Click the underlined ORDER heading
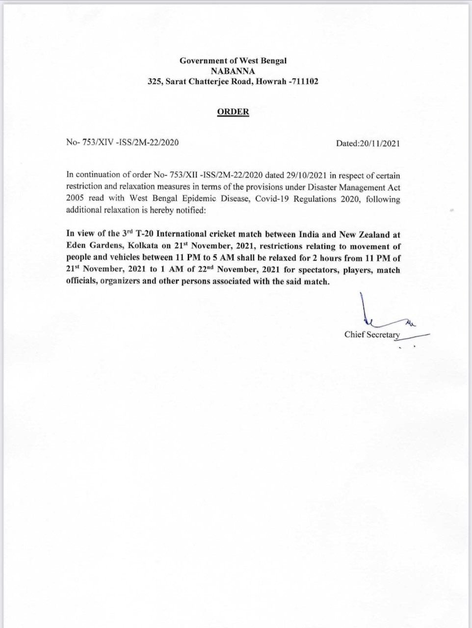click(x=233, y=112)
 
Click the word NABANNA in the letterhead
click(x=233, y=71)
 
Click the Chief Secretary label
click(x=372, y=335)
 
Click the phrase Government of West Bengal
click(x=233, y=61)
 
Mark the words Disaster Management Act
click(x=354, y=187)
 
